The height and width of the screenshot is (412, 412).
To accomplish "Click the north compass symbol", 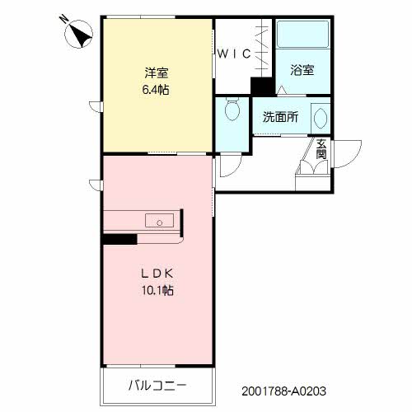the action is [78, 35].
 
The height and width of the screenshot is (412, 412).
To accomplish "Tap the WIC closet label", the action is [234, 54].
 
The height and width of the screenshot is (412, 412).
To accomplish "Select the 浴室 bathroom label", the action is [302, 70].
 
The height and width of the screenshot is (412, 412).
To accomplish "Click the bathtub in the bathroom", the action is [302, 35].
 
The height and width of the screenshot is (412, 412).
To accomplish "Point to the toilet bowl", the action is [232, 109].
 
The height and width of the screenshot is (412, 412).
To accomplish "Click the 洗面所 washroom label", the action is [280, 117].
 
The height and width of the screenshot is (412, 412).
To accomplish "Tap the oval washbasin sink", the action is [321, 119].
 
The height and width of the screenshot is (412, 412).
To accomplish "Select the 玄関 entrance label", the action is [321, 149].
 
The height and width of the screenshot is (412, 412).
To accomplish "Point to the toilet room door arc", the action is [236, 171].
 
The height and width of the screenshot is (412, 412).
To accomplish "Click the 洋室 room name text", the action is [157, 73].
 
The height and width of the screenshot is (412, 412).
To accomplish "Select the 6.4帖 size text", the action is [156, 90].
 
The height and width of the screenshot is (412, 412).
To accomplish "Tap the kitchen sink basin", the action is [159, 221].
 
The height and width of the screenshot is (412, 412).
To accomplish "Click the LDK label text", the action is [157, 274].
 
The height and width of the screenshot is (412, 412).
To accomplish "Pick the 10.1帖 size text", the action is [157, 290].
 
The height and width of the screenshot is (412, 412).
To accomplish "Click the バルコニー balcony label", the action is [157, 386].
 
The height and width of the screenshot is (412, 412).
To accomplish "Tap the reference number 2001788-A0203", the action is [283, 391].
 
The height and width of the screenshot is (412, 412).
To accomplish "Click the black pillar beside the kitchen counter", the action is [120, 239].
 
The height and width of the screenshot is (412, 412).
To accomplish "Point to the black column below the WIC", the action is [263, 87].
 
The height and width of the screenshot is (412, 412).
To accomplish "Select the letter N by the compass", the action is [63, 19].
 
